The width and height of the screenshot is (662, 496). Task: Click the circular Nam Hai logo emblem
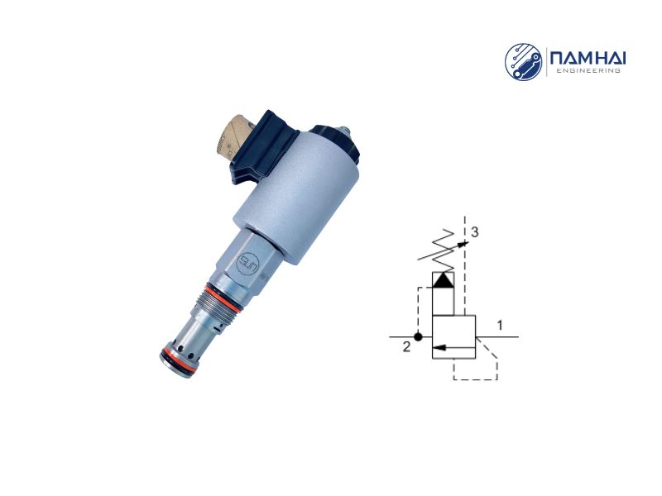tap(524, 62)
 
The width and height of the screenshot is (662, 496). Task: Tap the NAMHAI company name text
tap(586, 57)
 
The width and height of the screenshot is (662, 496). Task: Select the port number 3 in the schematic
tap(474, 233)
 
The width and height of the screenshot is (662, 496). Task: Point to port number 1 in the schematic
tap(500, 326)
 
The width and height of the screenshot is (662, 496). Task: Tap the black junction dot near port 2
tap(420, 337)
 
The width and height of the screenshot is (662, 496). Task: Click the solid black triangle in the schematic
tap(444, 280)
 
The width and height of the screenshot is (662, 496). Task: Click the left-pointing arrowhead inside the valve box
tap(439, 347)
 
